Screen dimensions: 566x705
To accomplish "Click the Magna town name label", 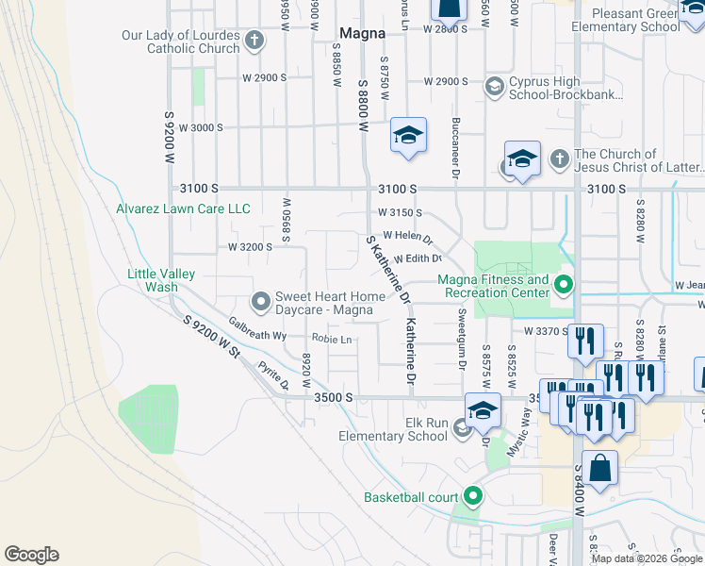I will point(362,33).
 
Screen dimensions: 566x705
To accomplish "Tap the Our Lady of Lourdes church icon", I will point(254,41).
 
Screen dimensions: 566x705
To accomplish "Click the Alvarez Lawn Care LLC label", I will point(183,208).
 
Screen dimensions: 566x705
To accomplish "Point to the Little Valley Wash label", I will point(161,280).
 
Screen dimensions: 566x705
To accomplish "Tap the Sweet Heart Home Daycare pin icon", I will point(260,302).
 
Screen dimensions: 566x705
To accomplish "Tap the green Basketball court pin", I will point(472,496).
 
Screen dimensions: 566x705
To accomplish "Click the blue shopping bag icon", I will point(598,469).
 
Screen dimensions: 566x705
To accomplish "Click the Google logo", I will point(31,555).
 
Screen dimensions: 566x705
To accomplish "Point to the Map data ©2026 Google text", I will point(647,558).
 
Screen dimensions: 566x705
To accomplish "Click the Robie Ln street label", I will point(332,339).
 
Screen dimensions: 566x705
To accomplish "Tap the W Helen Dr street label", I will point(407,237).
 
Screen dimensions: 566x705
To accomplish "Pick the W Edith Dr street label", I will point(418,258).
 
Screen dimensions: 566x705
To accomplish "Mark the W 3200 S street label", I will point(250,246).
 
